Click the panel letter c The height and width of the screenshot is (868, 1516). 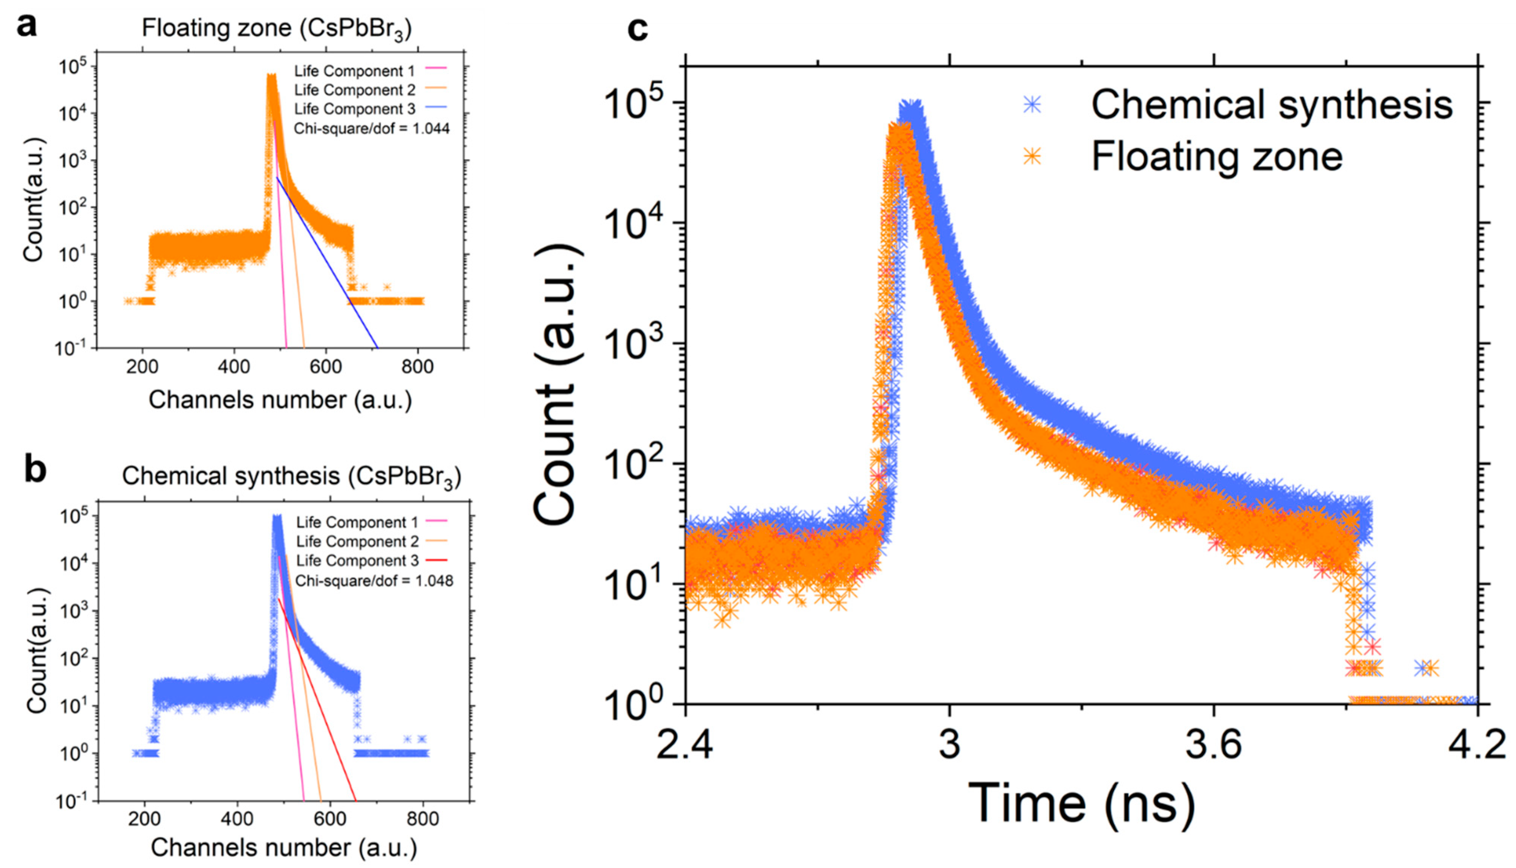[x=637, y=29]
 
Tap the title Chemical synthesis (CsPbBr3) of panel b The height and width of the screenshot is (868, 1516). [x=291, y=476]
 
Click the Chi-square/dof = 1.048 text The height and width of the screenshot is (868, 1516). [x=374, y=580]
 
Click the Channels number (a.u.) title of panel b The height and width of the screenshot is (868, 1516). [x=284, y=848]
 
